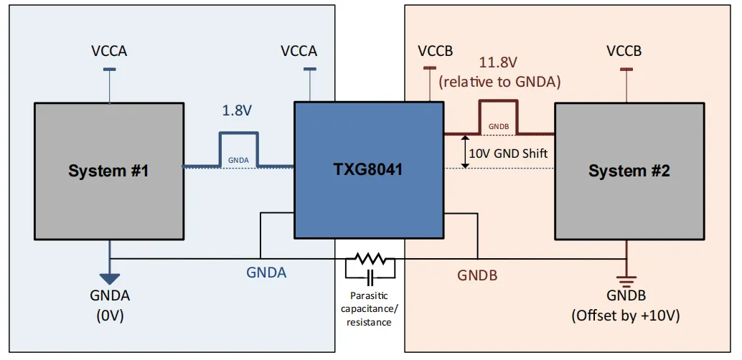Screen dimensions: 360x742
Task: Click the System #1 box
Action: [108, 171]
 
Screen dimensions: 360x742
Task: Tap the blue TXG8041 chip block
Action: [367, 170]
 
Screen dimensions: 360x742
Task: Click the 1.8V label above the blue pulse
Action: [238, 112]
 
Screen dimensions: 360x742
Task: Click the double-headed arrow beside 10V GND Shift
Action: [465, 151]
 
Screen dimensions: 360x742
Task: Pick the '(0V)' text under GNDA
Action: [110, 315]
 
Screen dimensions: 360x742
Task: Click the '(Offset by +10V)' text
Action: [626, 316]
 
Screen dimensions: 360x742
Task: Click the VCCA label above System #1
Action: [109, 51]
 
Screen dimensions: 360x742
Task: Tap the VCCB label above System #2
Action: [624, 51]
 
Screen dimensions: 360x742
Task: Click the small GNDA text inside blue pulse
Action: [238, 159]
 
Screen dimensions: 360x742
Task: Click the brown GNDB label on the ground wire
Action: [477, 275]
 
